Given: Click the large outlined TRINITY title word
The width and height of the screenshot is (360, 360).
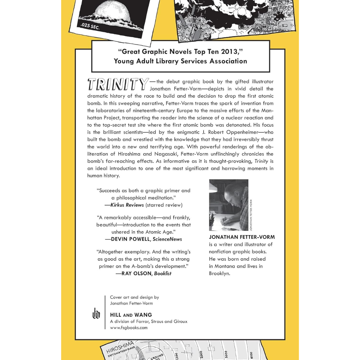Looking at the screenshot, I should [118, 84].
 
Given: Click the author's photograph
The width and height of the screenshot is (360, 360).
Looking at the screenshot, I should [229, 205].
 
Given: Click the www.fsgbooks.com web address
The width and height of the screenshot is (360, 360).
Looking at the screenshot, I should [129, 328].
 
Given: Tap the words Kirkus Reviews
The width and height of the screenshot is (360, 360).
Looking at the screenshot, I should [127, 205].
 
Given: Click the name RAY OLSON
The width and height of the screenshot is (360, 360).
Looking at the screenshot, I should [137, 273].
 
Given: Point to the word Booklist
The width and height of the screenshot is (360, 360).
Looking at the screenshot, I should [163, 273].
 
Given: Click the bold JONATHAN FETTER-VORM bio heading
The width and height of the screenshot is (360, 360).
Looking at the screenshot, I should [242, 237].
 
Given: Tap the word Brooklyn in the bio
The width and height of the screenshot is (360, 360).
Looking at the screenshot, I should [219, 273].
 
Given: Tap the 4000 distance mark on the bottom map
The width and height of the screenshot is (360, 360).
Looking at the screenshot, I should [251, 355].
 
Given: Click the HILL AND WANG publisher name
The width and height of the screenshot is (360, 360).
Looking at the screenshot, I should [131, 315].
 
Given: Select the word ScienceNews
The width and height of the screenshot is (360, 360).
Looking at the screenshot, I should [167, 239].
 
